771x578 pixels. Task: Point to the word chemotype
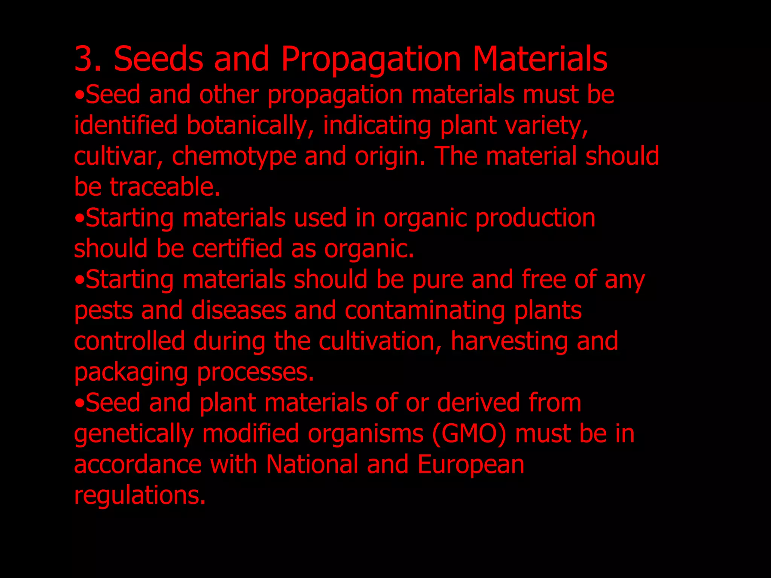click(x=234, y=157)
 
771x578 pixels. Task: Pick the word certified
click(x=237, y=249)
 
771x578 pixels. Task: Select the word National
click(x=312, y=464)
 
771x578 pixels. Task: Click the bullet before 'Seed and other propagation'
click(x=79, y=96)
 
